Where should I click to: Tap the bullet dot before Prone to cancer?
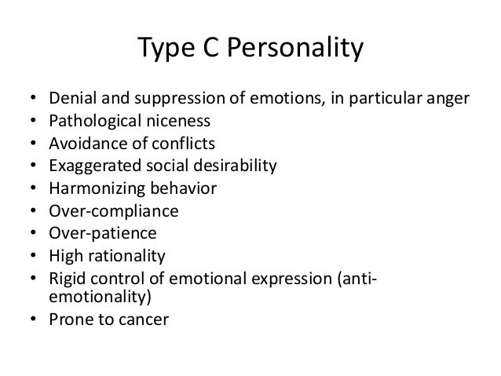(32, 320)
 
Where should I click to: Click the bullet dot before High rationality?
(32, 255)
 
